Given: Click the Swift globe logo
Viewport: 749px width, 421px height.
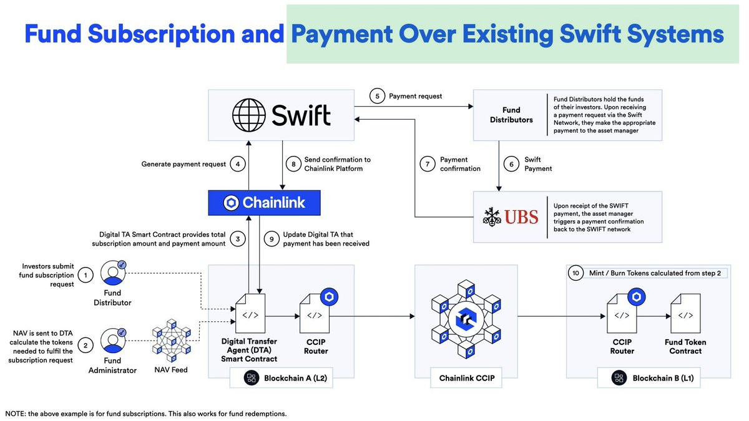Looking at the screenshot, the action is click(x=249, y=115).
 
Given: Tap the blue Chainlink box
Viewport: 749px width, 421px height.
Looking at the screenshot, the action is click(x=264, y=203).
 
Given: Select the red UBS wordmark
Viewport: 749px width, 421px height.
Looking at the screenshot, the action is click(x=521, y=217).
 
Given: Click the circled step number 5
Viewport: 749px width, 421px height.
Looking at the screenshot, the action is click(x=377, y=96).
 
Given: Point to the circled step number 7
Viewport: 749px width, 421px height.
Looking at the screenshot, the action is click(x=428, y=164).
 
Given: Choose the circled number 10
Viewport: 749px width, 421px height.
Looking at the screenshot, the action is click(x=575, y=273).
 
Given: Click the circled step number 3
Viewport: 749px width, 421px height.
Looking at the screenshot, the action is click(x=238, y=239).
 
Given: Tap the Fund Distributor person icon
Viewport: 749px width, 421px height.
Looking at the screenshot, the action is click(x=114, y=273).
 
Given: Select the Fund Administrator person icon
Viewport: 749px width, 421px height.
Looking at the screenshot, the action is click(x=114, y=341).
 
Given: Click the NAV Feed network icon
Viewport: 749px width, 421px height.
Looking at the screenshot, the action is click(x=172, y=340).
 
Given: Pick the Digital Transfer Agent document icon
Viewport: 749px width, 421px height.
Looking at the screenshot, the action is click(x=250, y=313).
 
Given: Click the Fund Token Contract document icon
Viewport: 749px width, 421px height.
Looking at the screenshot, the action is click(x=685, y=313).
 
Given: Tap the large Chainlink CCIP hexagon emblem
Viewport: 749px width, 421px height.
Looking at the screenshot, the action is click(x=466, y=319).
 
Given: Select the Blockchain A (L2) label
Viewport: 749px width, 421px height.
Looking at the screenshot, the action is click(x=295, y=378).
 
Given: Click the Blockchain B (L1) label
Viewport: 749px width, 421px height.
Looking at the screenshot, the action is click(x=663, y=378).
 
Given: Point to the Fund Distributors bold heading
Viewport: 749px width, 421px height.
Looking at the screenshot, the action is click(x=511, y=115).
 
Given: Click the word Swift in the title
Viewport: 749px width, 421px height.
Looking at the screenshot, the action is click(x=590, y=34).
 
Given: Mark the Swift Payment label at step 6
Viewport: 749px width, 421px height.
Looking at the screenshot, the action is click(x=538, y=164).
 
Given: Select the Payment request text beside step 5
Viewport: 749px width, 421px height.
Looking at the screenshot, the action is click(x=415, y=96).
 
